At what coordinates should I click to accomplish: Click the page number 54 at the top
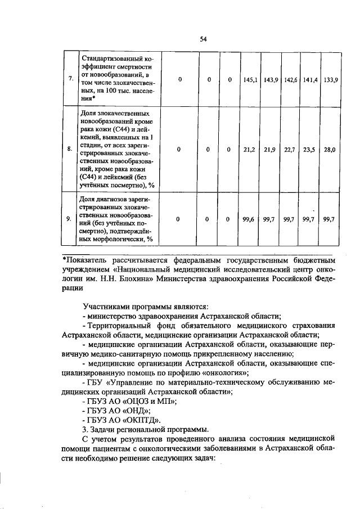tap(203, 39)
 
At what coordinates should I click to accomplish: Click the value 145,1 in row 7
tap(251, 80)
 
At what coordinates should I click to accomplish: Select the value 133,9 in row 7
tap(329, 80)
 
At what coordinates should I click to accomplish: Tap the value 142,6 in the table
tap(290, 80)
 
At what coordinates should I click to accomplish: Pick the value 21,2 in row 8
tap(250, 150)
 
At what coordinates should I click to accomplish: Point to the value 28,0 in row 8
tap(329, 150)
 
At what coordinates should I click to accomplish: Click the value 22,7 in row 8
tap(290, 150)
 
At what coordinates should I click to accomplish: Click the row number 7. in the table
tap(69, 79)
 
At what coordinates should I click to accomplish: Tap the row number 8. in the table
tap(69, 150)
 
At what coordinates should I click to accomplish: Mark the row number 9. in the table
tap(69, 219)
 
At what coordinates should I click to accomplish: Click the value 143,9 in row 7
tap(271, 80)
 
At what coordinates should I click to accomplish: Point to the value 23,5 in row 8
tap(309, 150)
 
